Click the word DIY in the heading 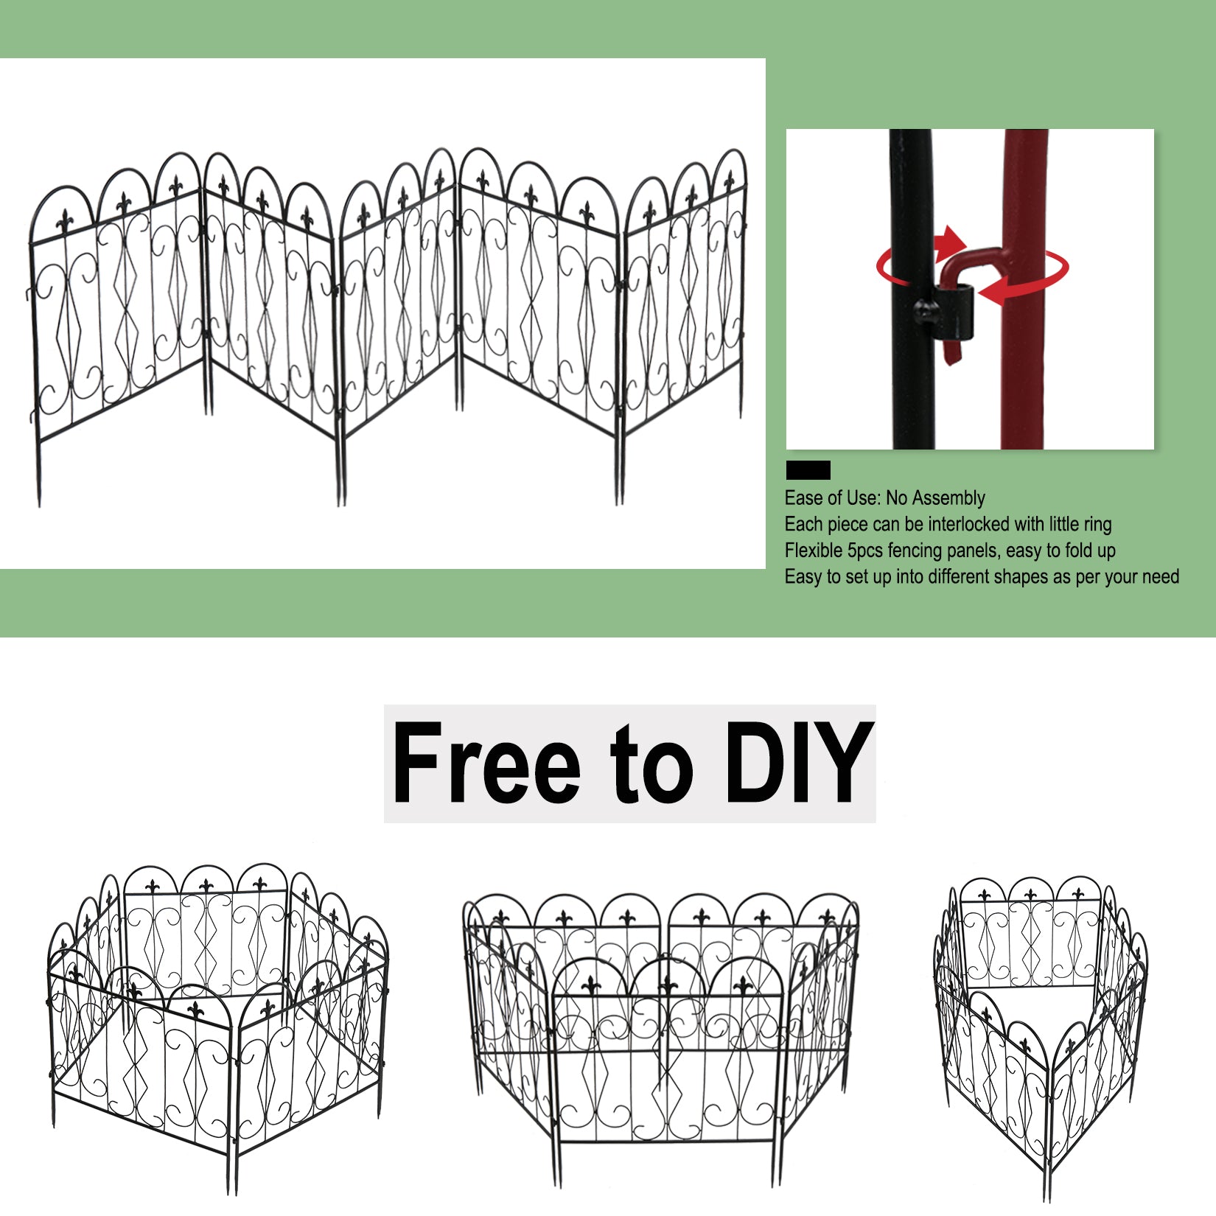point(798,763)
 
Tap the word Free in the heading point(487,763)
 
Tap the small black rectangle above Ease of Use point(808,470)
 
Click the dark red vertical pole point(1024,289)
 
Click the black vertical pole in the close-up point(912,289)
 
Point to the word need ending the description point(1160,577)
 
